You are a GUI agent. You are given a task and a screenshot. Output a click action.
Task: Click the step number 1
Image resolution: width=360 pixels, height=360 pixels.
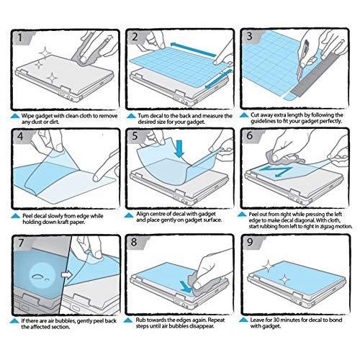click(20, 37)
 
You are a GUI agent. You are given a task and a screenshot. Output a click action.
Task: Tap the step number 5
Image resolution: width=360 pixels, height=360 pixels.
click(135, 136)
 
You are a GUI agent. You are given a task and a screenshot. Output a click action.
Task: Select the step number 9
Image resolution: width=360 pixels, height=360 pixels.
click(250, 242)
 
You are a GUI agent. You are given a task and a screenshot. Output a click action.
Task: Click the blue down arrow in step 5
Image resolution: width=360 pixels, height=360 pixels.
click(179, 149)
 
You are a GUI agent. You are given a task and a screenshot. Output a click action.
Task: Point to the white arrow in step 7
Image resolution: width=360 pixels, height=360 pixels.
click(66, 274)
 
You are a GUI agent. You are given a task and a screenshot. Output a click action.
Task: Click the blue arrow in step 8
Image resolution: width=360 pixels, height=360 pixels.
click(186, 286)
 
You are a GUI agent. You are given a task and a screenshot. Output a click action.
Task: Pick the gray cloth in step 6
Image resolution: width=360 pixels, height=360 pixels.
click(283, 158)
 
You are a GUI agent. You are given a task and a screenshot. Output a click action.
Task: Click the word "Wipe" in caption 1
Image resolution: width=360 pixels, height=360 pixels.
click(27, 116)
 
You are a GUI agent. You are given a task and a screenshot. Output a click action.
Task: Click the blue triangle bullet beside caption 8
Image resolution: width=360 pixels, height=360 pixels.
click(128, 320)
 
